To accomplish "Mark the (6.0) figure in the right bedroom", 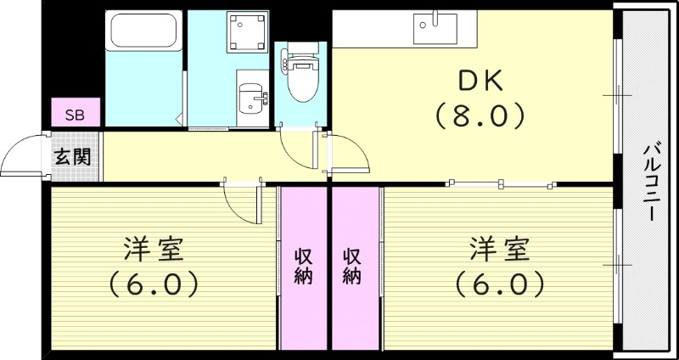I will click(x=500, y=283).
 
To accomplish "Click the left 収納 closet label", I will click(x=303, y=265).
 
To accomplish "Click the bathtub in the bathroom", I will click(x=143, y=34).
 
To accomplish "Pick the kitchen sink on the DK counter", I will click(x=435, y=28).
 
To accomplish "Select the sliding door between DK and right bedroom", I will click(x=501, y=183).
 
